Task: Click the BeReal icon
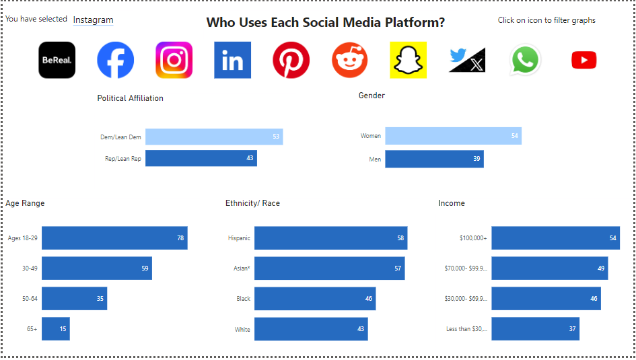57,60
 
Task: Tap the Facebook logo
115,60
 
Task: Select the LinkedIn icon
232,60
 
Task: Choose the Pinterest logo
291,60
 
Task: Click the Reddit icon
349,60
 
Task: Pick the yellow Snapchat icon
408,60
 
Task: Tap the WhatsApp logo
526,60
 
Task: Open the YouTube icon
584,61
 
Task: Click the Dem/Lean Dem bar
214,137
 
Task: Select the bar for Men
434,159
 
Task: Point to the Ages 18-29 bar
114,238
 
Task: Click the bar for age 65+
55,329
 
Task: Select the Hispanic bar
330,238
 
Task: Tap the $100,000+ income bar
555,238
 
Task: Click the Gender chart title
372,96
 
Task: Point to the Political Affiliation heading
130,98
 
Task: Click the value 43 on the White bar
361,329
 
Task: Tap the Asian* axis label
242,268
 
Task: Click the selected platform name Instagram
93,20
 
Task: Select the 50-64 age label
29,299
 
